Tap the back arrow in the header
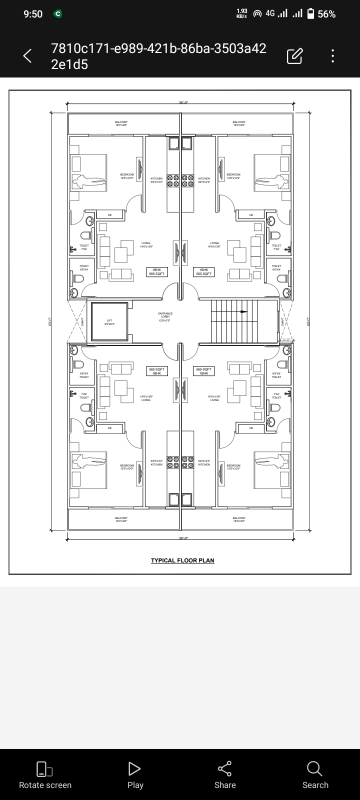(27, 56)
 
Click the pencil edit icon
(294, 56)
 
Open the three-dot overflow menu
(332, 56)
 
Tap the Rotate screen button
(45, 775)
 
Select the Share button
(225, 775)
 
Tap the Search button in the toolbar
(315, 775)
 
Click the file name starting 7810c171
(158, 56)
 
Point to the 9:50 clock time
(33, 14)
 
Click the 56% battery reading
(326, 14)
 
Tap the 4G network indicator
(270, 13)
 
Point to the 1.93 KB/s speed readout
(241, 14)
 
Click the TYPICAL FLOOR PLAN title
(182, 560)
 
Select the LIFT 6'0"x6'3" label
(109, 322)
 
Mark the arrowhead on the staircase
(244, 311)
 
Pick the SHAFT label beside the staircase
(283, 321)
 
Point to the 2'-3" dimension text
(286, 339)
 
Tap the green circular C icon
(58, 14)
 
